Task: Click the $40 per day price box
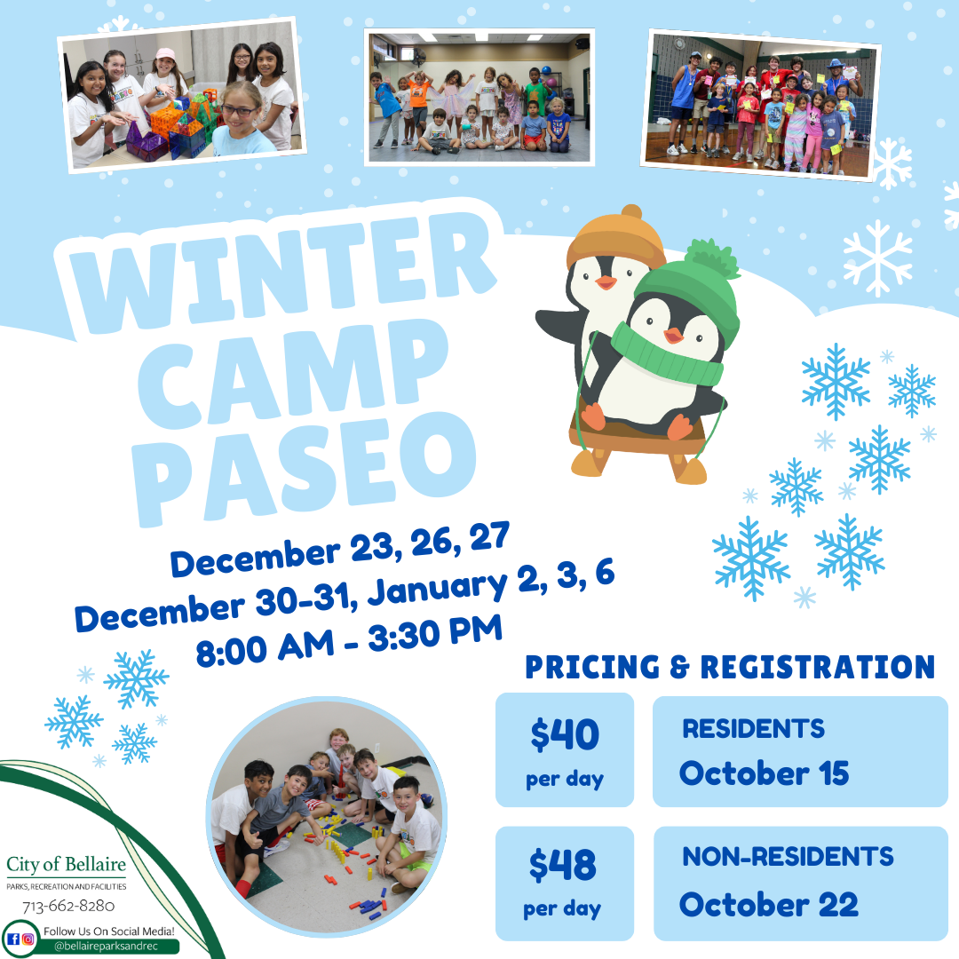click(x=565, y=750)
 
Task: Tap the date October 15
click(x=764, y=773)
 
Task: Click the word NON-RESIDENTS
click(x=788, y=857)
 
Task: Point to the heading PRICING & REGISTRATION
click(x=730, y=667)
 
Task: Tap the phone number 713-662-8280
click(x=68, y=907)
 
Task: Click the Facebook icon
click(x=13, y=939)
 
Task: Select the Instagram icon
click(x=28, y=939)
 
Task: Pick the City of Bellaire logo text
click(x=66, y=864)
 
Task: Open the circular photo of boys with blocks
click(x=326, y=817)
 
